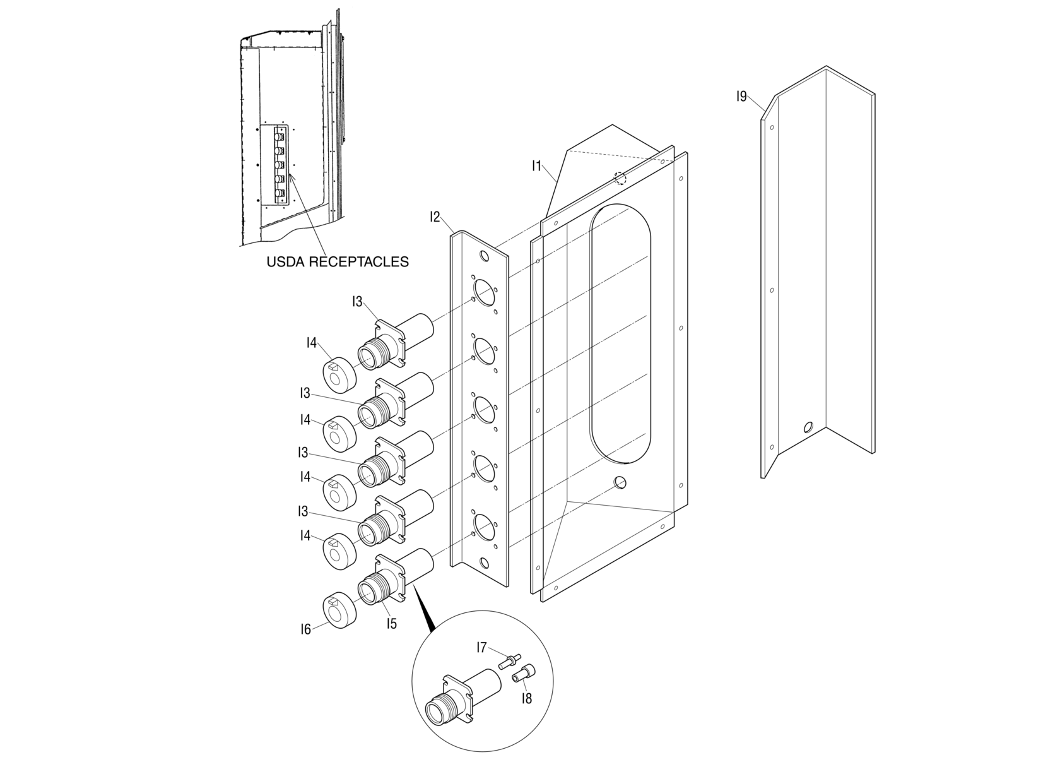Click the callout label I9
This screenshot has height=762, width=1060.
pyautogui.click(x=741, y=97)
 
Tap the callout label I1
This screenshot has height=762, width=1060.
pyautogui.click(x=536, y=166)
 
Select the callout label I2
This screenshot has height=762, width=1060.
pyautogui.click(x=435, y=217)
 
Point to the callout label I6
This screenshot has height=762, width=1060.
pyautogui.click(x=305, y=629)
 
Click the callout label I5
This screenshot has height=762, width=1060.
pyautogui.click(x=392, y=624)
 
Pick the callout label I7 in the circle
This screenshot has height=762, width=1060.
pyautogui.click(x=481, y=648)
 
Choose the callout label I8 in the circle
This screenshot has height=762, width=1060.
pyautogui.click(x=527, y=698)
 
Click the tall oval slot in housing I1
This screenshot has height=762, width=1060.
pyautogui.click(x=620, y=331)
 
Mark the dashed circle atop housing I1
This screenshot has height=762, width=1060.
pyautogui.click(x=621, y=178)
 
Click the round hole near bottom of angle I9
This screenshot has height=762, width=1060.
pyautogui.click(x=808, y=427)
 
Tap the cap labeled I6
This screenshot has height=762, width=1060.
pyautogui.click(x=339, y=613)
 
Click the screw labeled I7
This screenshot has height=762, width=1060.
pyautogui.click(x=509, y=662)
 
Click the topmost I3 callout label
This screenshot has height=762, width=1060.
pyautogui.click(x=358, y=302)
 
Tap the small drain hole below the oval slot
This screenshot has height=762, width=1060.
pyautogui.click(x=620, y=483)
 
